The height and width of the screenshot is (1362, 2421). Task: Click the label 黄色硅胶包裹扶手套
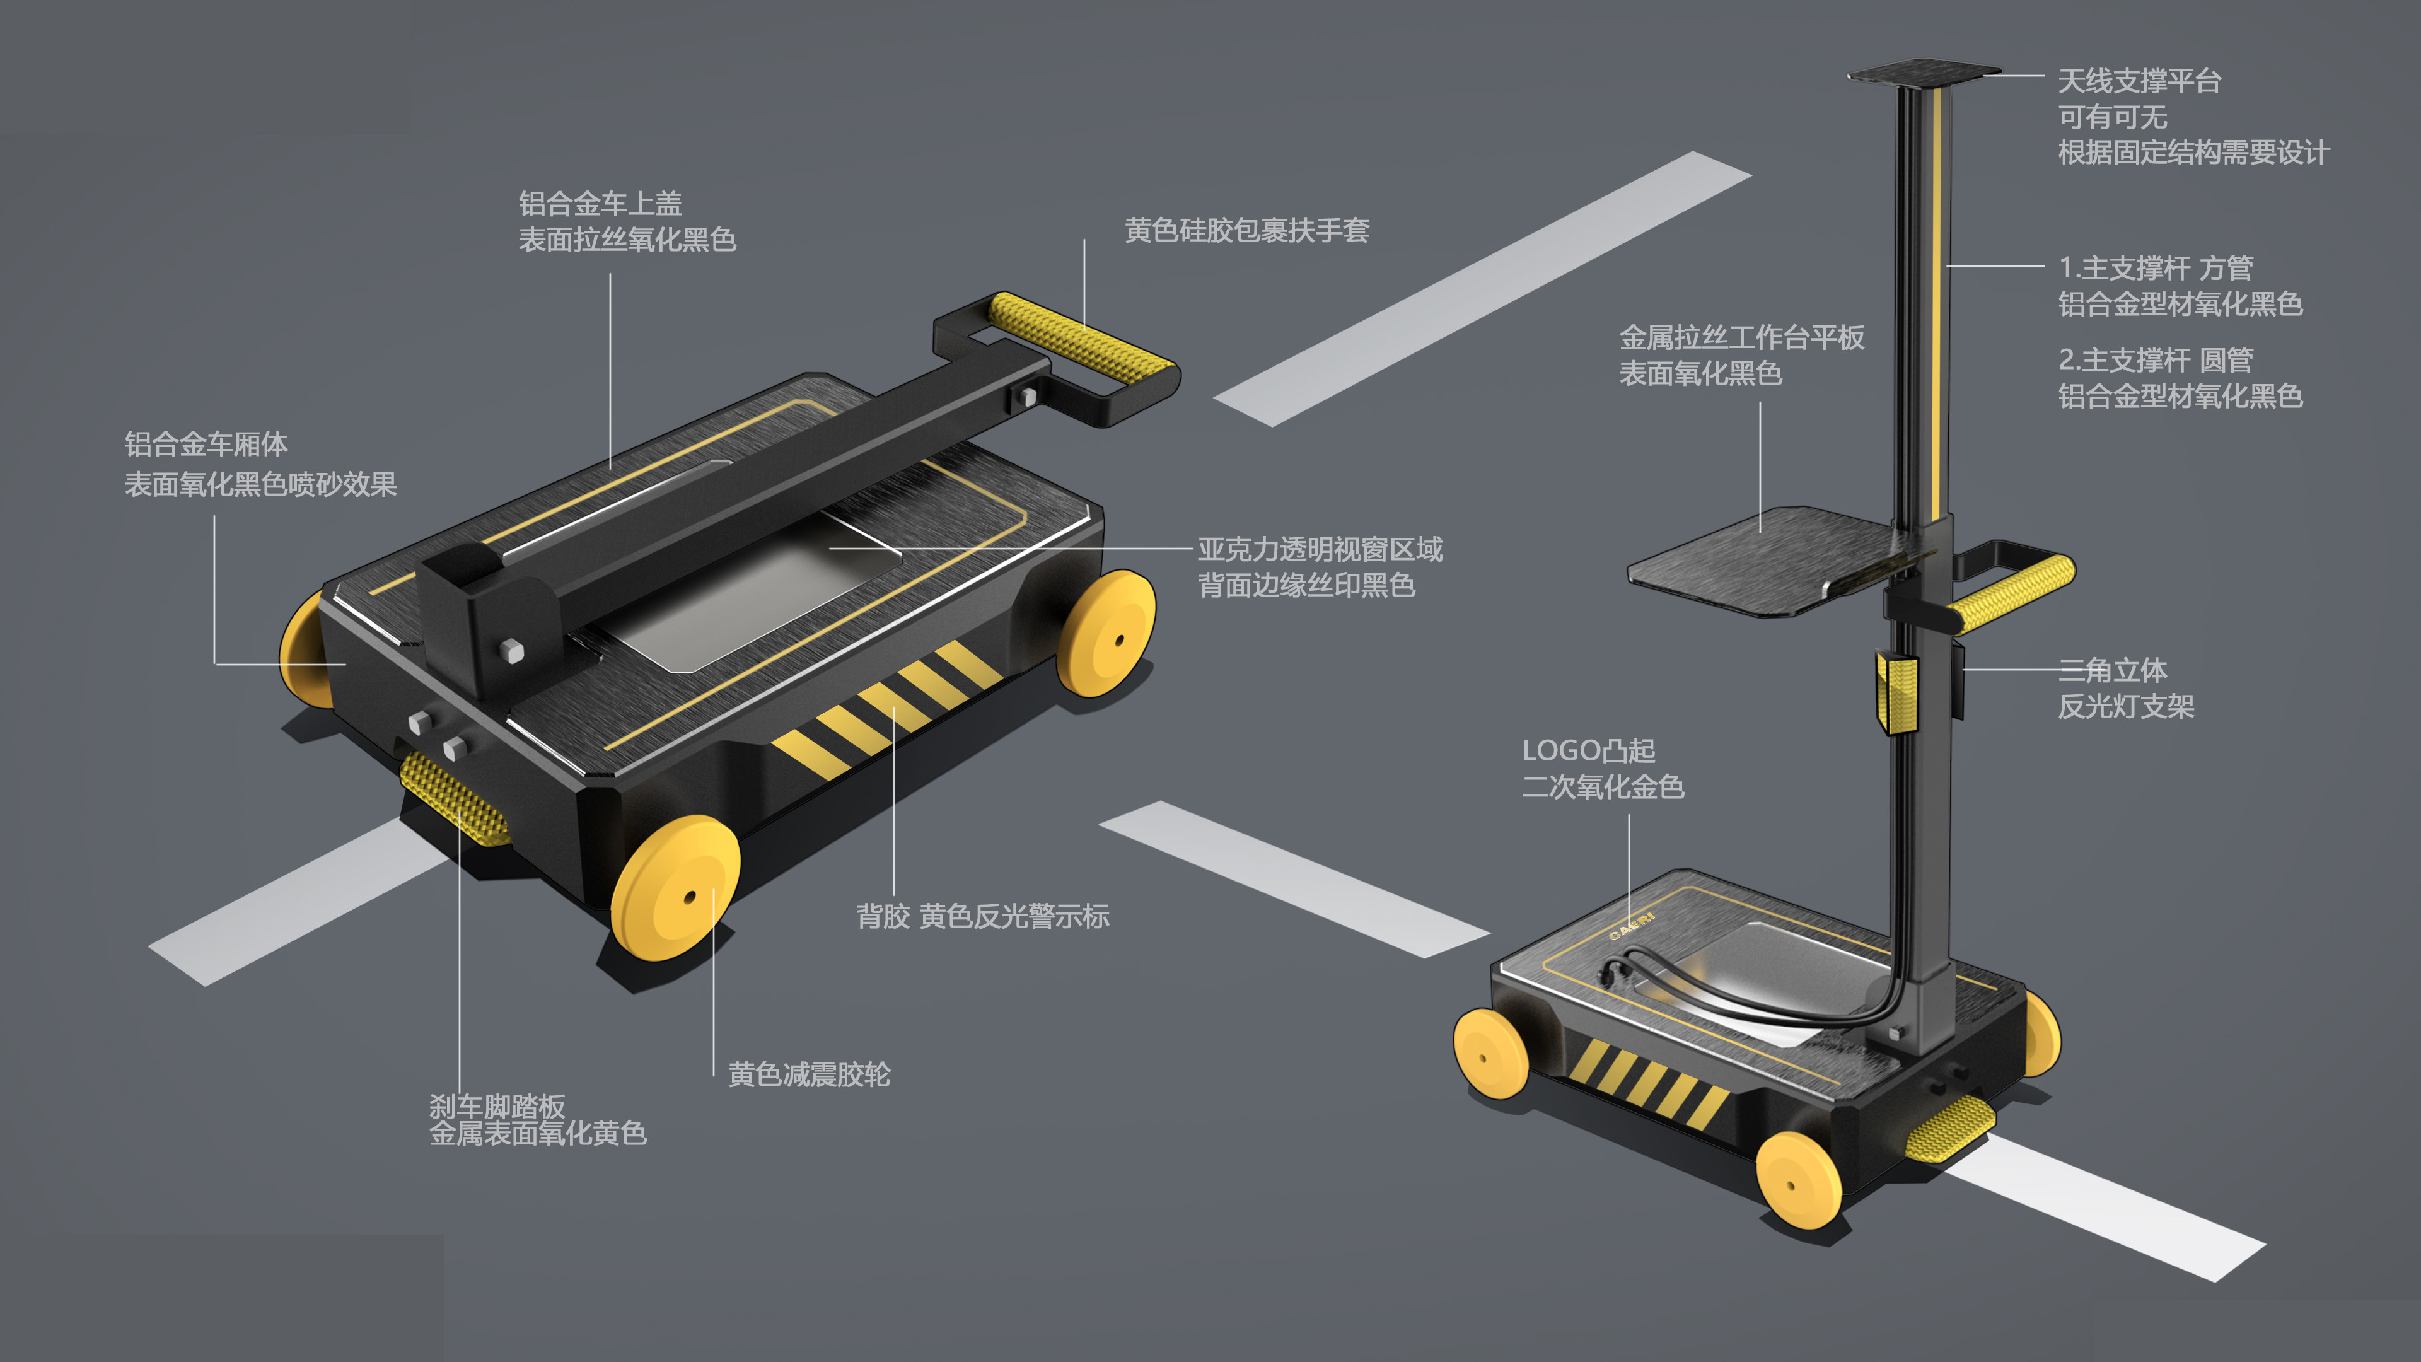(x=1246, y=230)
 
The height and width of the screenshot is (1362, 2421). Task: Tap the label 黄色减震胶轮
(x=808, y=1074)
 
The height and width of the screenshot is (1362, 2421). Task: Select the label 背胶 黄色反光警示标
(x=982, y=916)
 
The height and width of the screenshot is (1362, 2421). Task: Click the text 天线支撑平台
(x=2139, y=82)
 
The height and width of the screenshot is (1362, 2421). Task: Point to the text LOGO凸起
(x=1588, y=751)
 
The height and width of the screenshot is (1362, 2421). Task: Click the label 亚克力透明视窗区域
(x=1320, y=550)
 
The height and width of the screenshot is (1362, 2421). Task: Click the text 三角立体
(x=2112, y=670)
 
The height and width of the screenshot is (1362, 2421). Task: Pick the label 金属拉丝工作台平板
(x=1741, y=337)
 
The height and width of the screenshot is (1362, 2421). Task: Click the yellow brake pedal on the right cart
(x=1950, y=1128)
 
